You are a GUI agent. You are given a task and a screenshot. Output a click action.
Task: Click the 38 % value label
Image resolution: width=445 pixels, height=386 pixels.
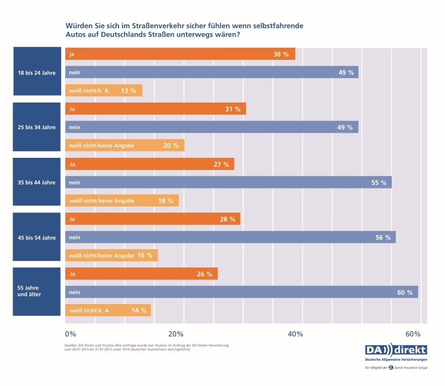pos(281,54)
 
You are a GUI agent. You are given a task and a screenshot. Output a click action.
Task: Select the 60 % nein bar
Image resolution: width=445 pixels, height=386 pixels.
pos(241,292)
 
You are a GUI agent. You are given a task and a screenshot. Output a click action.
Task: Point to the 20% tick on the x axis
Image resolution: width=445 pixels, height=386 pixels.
pos(175,334)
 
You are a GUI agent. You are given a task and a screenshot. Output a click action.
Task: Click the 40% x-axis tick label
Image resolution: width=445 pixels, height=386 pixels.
pos(295,334)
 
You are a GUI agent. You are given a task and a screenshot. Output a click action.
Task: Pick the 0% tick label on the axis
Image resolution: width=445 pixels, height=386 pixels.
pos(70,334)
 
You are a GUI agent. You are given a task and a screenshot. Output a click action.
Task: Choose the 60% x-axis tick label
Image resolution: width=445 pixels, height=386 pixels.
pos(412,334)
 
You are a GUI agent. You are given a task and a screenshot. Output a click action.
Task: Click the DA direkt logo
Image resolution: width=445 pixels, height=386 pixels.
pos(395,350)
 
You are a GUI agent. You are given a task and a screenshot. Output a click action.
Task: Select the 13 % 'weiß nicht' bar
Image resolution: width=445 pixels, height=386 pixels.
pos(103,91)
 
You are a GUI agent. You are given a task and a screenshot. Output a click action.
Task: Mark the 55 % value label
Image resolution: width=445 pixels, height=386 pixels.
pos(379,182)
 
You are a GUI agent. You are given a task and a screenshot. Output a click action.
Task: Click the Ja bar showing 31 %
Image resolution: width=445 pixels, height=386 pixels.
pos(155,109)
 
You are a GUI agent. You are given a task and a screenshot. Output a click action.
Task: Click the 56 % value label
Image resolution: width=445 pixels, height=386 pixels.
pos(383,237)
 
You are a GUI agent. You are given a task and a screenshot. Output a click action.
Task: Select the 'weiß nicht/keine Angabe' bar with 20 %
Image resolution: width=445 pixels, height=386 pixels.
pos(125,146)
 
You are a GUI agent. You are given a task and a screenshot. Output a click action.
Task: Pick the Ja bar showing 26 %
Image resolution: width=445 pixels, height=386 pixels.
pos(141,274)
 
